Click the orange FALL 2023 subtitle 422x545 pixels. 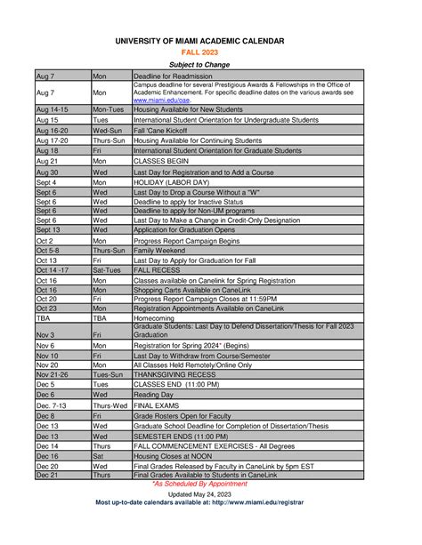point(211,52)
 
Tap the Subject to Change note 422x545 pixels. point(211,65)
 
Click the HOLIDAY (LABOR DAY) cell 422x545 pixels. point(171,181)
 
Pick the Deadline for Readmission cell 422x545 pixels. point(173,76)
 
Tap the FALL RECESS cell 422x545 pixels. point(155,270)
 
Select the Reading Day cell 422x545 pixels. point(153,394)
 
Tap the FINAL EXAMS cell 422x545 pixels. point(155,405)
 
